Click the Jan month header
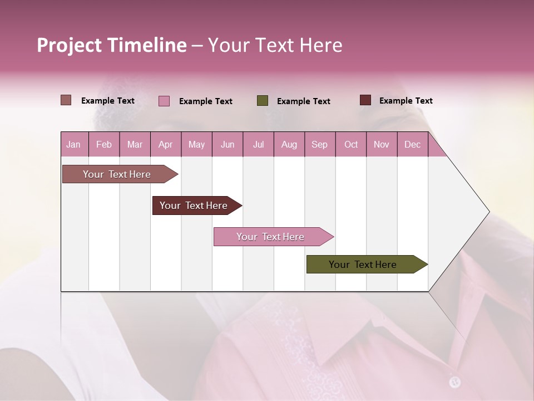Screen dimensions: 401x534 [73, 145]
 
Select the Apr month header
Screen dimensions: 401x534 [165, 145]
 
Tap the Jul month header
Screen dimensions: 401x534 [258, 145]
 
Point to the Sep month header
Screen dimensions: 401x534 [319, 145]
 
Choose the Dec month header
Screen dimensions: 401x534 [412, 145]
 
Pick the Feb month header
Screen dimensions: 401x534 [104, 145]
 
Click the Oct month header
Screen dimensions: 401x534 [351, 145]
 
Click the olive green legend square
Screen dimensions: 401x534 [263, 101]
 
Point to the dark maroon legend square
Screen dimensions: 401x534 [365, 100]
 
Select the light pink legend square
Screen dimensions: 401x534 [164, 101]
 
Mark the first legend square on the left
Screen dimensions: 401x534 [66, 100]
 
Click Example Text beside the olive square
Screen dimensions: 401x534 [303, 101]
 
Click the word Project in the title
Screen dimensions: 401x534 [69, 45]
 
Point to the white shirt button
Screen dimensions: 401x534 [455, 382]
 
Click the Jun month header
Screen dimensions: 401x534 [228, 145]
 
